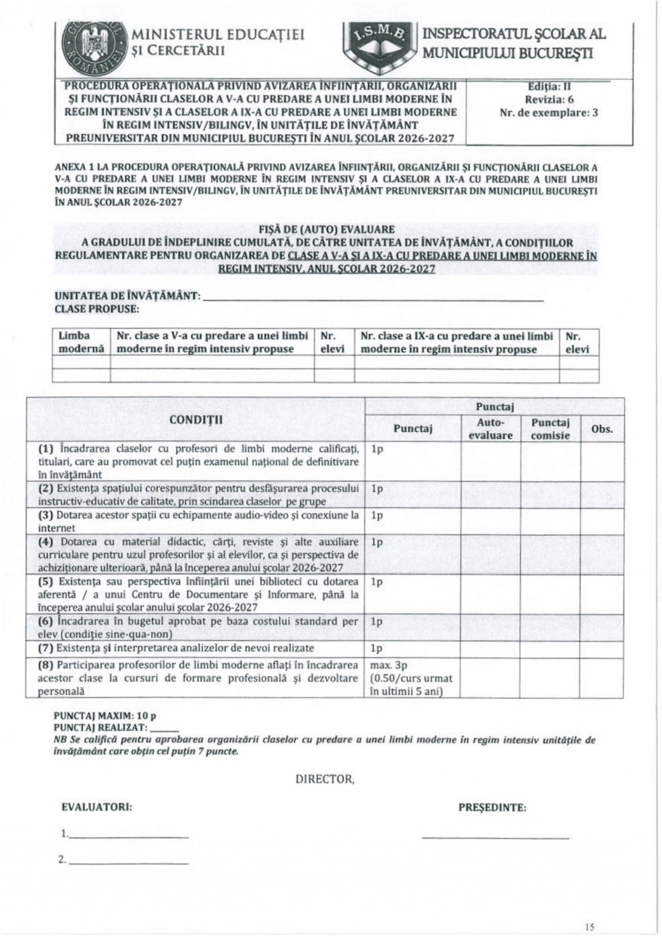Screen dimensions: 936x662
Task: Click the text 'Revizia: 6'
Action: [549, 99]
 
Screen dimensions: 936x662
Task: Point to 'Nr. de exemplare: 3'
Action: [549, 113]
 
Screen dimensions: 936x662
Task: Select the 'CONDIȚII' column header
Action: [196, 419]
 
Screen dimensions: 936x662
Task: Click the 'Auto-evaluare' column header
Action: [491, 429]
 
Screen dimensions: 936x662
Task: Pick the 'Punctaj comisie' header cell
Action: [550, 429]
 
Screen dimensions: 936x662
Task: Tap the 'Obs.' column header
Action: [602, 429]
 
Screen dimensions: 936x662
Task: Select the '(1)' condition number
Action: [46, 449]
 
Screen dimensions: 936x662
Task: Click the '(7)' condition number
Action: [45, 648]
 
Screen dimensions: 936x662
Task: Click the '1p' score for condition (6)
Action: [377, 622]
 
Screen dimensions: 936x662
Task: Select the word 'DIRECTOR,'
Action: [325, 779]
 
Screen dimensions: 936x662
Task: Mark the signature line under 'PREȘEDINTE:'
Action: [495, 837]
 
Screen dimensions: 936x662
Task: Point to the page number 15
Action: [589, 912]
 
